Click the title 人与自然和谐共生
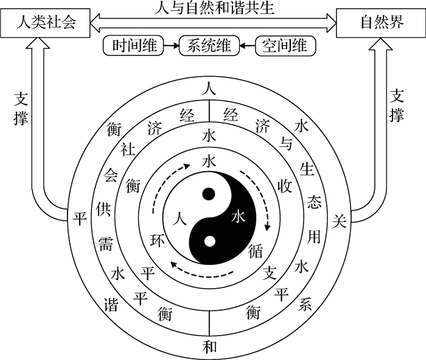tap(214, 7)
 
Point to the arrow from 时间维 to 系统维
tap(171, 46)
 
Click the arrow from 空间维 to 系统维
tap(247, 46)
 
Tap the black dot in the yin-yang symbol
tap(209, 194)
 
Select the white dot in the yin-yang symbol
tap(209, 241)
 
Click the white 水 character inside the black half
tap(239, 217)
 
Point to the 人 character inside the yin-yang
tap(180, 218)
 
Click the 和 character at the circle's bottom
tap(210, 347)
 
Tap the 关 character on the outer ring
tap(340, 221)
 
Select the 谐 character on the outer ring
tap(111, 304)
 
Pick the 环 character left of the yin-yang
tap(158, 240)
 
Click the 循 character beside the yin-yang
tap(256, 251)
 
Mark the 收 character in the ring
tap(284, 186)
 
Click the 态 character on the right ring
tap(315, 202)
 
